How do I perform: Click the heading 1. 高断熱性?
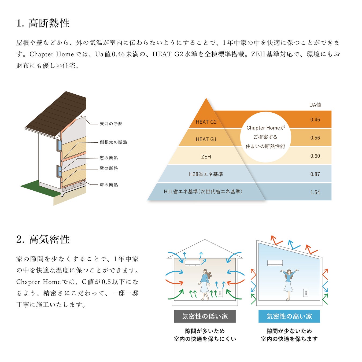(43, 23)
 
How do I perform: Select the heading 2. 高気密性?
(43, 239)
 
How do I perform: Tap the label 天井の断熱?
(111, 124)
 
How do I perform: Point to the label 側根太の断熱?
(113, 142)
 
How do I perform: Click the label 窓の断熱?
(109, 158)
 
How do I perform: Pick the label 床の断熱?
(109, 185)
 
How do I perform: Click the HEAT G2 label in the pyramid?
(206, 122)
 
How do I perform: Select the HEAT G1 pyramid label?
(206, 139)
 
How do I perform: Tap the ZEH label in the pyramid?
(206, 157)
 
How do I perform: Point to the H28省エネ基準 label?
(206, 174)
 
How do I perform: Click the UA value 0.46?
(315, 120)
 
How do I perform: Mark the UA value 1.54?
(315, 192)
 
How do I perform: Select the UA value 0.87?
(315, 174)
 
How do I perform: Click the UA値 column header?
(315, 105)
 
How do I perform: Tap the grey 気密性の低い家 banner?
(205, 316)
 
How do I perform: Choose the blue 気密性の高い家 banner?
(289, 316)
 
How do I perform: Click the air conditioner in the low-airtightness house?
(192, 263)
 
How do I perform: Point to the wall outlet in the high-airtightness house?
(306, 293)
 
